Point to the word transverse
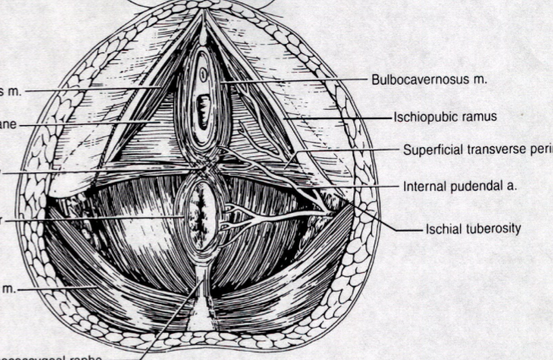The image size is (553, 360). pyautogui.click(x=500, y=150)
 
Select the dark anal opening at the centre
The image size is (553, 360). pyautogui.click(x=202, y=216)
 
